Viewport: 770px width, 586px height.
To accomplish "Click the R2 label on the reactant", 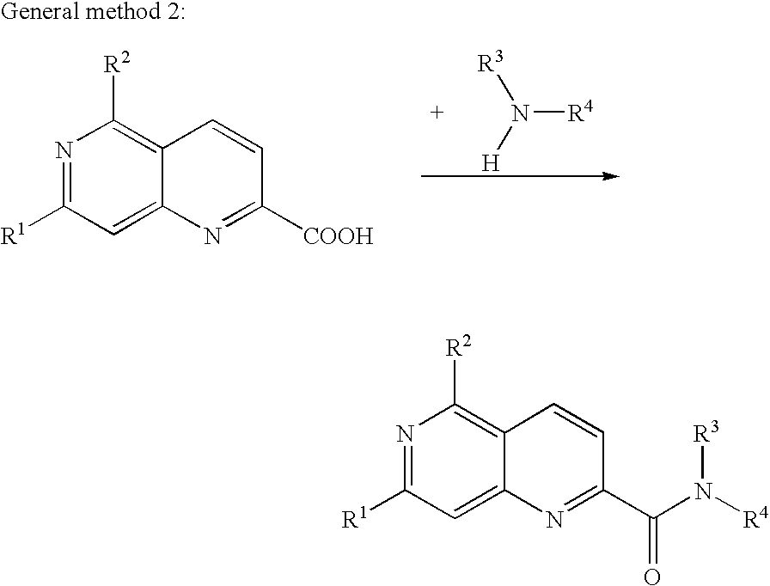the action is pos(117,64).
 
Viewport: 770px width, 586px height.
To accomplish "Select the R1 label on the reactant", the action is pos(14,235).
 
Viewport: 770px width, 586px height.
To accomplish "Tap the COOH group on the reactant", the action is pos(339,236).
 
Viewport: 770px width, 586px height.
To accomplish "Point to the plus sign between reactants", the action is pos(436,113).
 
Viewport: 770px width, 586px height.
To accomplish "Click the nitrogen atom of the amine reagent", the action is pos(522,114).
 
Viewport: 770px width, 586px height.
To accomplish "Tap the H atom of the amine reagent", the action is pos(491,163).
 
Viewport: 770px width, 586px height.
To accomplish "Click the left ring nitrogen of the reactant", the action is pos(64,150).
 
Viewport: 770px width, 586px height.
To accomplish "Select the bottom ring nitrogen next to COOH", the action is pos(212,236).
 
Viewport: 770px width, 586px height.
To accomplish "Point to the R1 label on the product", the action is pos(355,519).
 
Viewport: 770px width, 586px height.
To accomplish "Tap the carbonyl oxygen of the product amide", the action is pos(652,577).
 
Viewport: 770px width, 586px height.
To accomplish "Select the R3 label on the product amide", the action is pos(706,433).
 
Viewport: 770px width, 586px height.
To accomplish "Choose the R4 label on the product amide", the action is pos(755,519).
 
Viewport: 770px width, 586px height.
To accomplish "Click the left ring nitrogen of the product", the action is pos(406,434).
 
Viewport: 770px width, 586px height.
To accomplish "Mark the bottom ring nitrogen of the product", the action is pos(554,519).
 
